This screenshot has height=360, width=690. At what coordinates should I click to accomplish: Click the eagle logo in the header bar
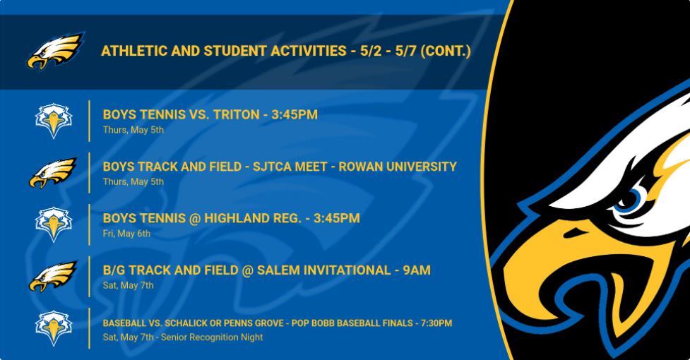point(56,51)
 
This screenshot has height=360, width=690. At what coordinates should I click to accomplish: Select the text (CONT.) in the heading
point(446,51)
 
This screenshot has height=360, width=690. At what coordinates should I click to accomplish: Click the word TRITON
point(237,115)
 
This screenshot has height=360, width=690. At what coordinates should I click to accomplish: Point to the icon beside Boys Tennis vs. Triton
point(54,121)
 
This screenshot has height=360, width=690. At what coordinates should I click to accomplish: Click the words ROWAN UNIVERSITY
point(398,167)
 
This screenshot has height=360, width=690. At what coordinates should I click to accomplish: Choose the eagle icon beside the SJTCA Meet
point(53,173)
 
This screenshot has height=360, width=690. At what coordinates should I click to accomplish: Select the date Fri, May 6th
point(126,234)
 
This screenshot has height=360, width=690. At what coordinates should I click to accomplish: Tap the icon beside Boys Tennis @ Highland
point(54,224)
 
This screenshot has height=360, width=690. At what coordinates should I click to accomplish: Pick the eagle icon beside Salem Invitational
point(53,277)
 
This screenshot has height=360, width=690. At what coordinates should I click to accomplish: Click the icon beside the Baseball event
point(54,328)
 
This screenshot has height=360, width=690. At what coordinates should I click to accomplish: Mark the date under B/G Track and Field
point(128,285)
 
